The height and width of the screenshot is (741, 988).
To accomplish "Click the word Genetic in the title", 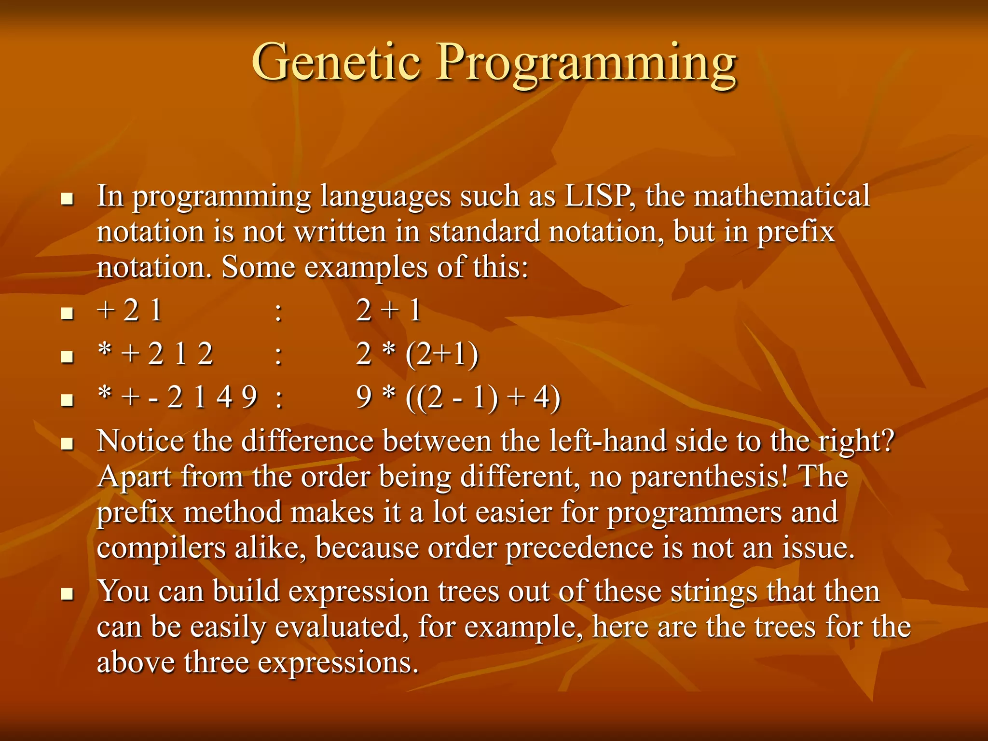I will coord(336,62).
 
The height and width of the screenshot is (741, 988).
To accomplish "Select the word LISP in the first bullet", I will coord(597,196).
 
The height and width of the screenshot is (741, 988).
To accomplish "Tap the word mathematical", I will coord(782,196).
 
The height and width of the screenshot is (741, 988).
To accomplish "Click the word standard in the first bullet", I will coord(484,232).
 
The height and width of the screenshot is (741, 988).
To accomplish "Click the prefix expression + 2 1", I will coord(129,310).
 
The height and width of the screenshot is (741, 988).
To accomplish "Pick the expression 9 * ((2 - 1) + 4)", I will coord(458,397).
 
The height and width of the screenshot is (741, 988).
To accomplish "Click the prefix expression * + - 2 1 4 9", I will coord(177,397).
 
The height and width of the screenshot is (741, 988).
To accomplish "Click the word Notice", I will coord(140,441).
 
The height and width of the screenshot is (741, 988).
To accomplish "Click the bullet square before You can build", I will coord(67,593).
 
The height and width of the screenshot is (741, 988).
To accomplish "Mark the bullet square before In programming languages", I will coord(67,198).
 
